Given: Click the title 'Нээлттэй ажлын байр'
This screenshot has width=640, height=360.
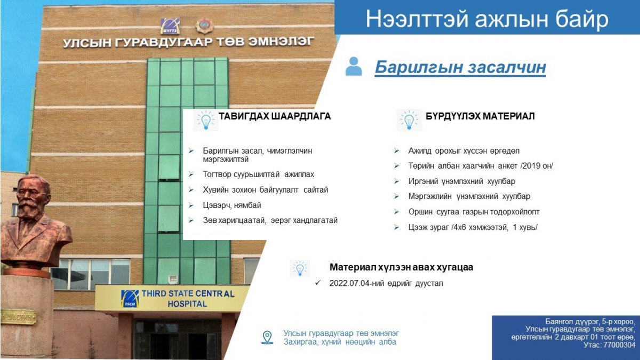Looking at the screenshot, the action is click(487, 19).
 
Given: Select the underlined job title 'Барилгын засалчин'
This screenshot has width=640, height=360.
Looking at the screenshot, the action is click(460, 67).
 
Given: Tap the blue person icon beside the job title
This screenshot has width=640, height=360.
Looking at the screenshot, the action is click(354, 66).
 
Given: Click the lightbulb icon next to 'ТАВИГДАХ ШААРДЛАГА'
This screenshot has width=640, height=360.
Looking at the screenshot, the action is click(206, 121).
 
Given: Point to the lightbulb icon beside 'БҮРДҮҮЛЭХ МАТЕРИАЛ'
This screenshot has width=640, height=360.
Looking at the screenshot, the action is click(409, 121).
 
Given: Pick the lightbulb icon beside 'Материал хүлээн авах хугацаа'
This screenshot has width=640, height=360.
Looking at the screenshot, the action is click(300, 269).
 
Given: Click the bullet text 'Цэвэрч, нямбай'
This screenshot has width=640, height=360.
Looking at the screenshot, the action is click(232, 205).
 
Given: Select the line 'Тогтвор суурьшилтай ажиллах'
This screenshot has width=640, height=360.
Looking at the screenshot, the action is click(258, 174).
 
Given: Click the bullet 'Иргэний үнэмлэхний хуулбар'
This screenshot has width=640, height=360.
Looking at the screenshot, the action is click(462, 181).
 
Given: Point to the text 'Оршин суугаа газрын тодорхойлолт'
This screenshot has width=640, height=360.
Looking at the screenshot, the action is click(474, 212).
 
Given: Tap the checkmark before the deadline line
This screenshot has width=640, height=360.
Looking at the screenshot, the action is click(318, 283).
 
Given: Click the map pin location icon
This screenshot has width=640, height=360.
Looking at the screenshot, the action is click(267, 338).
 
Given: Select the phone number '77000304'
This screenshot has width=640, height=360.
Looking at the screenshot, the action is click(619, 345).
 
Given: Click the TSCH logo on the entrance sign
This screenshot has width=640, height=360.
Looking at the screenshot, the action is click(130, 299).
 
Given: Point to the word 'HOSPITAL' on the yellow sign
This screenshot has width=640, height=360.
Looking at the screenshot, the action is click(187, 303).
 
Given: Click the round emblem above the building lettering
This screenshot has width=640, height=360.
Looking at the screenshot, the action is click(205, 26).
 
